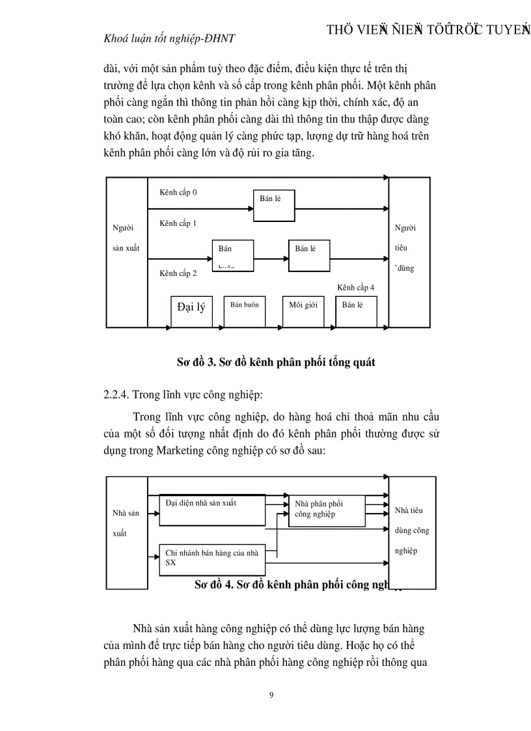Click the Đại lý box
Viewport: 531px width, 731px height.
click(191, 310)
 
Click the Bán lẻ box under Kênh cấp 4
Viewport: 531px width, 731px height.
click(356, 310)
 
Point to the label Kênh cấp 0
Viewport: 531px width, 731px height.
click(178, 192)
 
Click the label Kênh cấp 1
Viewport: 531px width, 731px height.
click(178, 223)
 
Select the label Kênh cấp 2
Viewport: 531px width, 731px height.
click(178, 273)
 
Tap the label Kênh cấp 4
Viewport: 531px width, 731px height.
click(355, 287)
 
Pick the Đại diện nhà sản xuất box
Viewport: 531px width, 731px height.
click(212, 510)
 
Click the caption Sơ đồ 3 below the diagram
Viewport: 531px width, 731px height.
click(275, 363)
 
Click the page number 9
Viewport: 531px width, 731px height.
click(271, 695)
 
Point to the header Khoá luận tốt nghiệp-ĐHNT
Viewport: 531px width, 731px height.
click(169, 38)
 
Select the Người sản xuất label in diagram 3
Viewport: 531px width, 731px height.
click(126, 238)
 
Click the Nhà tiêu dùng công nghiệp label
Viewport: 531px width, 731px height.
click(412, 531)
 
